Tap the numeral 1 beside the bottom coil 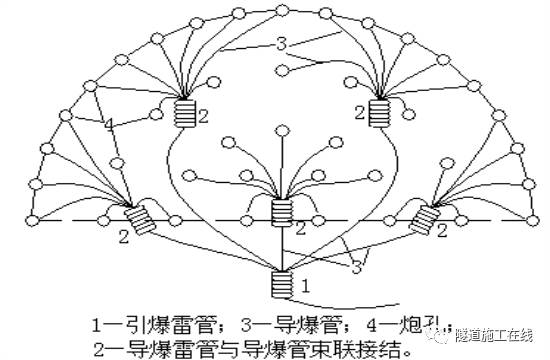(x=308, y=285)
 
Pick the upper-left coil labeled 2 (x=185, y=113)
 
